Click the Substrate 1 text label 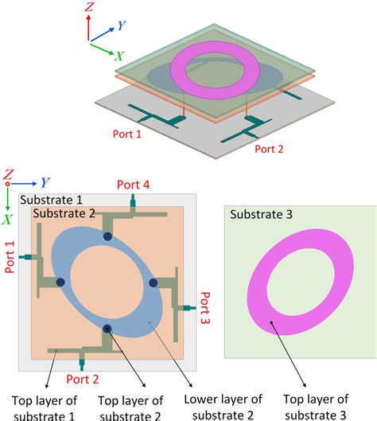(49, 199)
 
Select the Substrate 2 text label (62, 213)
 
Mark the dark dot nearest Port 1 (60, 283)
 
